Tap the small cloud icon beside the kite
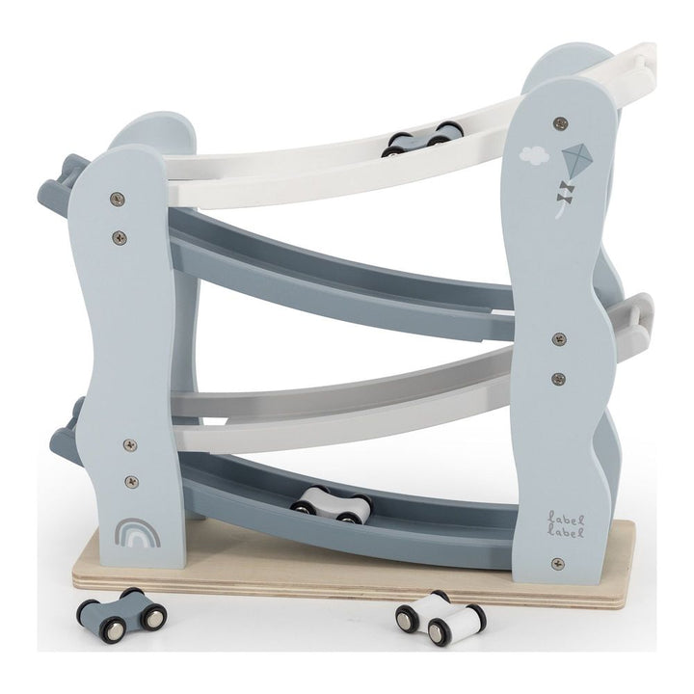(x=531, y=152)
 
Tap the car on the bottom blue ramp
(x=332, y=503)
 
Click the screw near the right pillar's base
(x=557, y=563)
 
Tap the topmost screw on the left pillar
(x=118, y=200)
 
